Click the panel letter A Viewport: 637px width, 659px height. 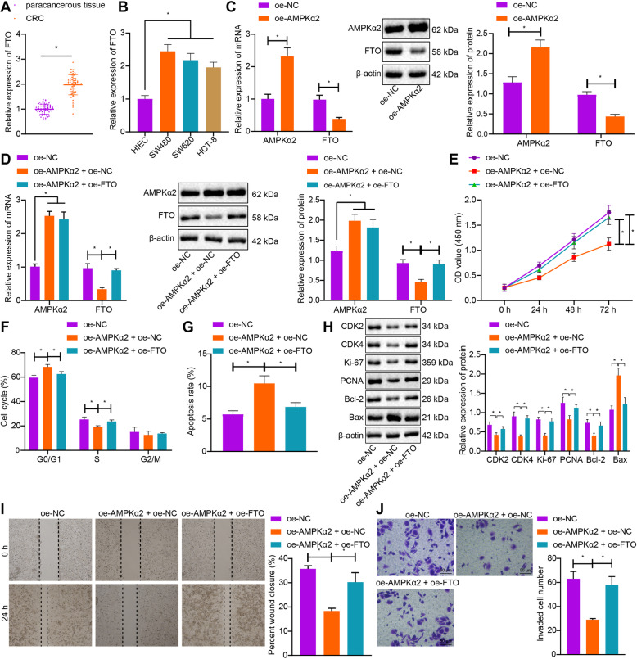(6, 7)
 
